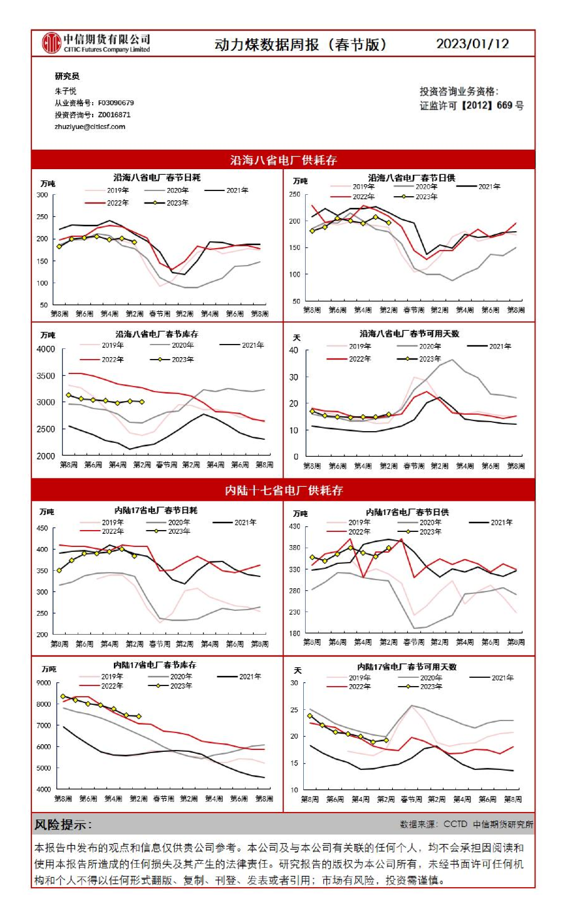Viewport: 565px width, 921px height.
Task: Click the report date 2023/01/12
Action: point(472,44)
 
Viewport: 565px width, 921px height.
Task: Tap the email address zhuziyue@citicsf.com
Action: point(90,127)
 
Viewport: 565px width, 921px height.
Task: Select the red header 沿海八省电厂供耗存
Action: point(283,160)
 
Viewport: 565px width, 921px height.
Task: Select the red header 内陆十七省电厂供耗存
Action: point(283,490)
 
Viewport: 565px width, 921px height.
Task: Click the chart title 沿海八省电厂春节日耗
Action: point(157,178)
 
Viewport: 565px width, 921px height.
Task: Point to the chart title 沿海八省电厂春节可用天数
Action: point(409,334)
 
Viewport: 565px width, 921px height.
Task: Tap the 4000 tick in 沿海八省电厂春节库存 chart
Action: point(46,350)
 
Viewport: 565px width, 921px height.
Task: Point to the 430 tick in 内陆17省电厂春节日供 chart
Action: point(294,527)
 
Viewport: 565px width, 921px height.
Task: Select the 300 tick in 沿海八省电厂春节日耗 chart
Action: point(42,195)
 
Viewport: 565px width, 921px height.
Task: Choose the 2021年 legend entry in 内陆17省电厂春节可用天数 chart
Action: point(502,677)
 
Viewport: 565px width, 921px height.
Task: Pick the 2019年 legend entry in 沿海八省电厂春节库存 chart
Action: point(113,345)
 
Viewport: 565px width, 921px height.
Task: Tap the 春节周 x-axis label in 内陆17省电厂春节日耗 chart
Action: point(160,644)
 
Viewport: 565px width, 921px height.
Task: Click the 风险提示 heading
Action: point(63,825)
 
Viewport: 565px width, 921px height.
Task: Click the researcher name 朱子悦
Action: point(65,91)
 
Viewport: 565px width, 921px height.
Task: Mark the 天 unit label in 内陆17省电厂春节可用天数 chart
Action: point(298,670)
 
